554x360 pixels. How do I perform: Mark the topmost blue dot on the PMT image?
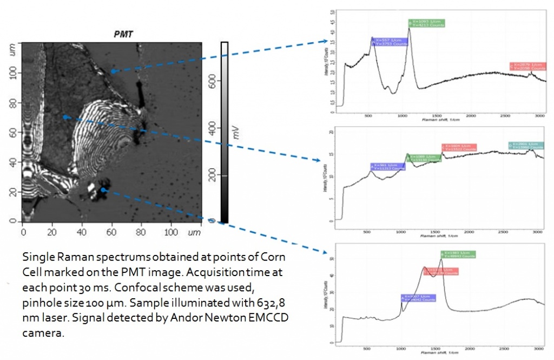(x=113, y=71)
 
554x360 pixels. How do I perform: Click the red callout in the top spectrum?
(x=529, y=66)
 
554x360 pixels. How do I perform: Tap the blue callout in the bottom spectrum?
(x=418, y=298)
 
